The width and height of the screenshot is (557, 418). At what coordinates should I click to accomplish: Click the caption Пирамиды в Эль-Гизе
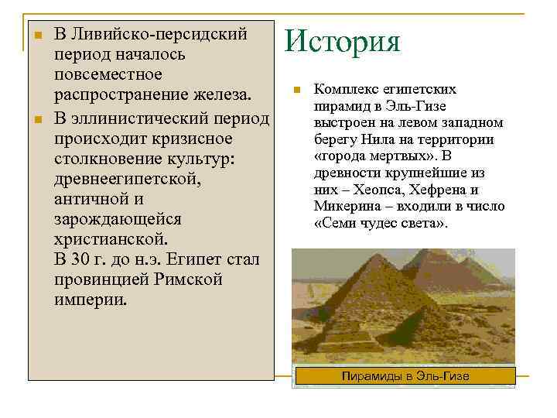405,376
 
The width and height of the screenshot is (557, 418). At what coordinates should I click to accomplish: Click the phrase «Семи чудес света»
381,224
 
